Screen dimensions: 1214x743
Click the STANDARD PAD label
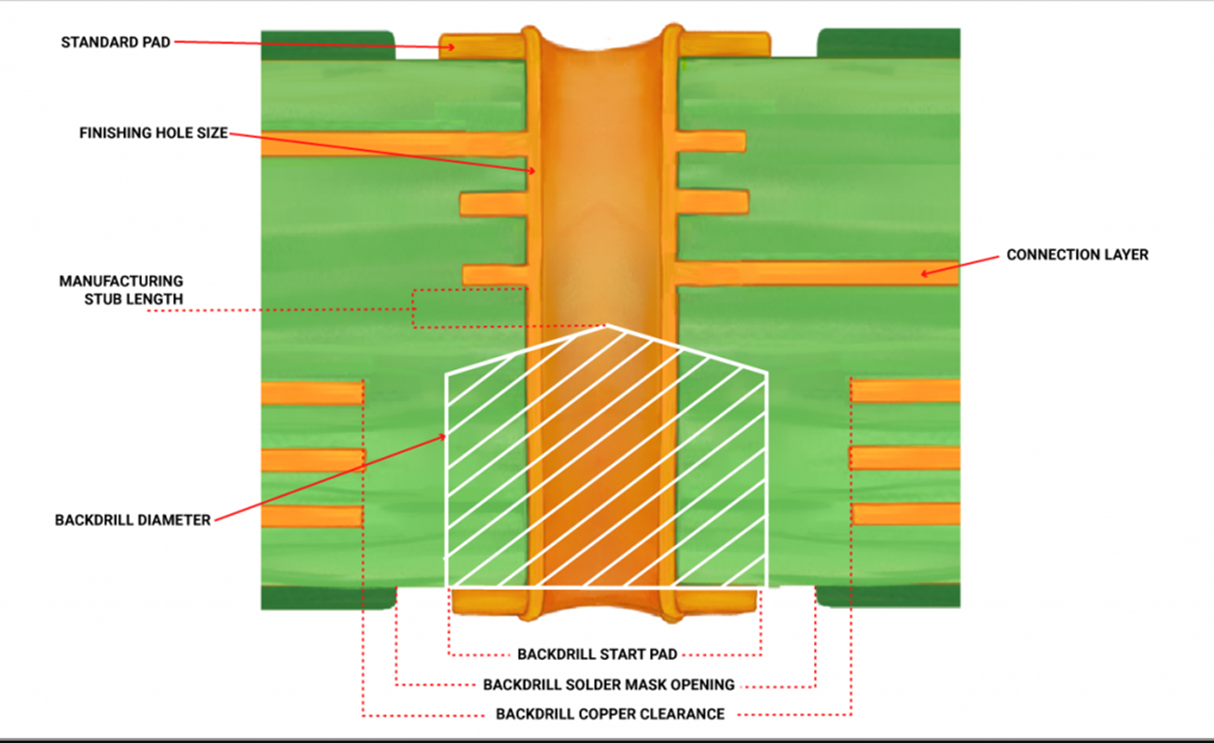pyautogui.click(x=116, y=42)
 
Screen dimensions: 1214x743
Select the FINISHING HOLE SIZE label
pyautogui.click(x=153, y=132)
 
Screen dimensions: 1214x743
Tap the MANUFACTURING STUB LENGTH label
pyautogui.click(x=121, y=290)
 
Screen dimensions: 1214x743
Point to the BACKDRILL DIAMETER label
pyautogui.click(x=132, y=520)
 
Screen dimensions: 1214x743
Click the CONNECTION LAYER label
pyautogui.click(x=1078, y=255)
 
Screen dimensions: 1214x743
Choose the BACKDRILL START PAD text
pyautogui.click(x=598, y=654)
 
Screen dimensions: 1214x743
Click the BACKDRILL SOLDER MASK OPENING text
pyautogui.click(x=609, y=684)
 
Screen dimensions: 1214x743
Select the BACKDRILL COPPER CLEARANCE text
pyautogui.click(x=610, y=714)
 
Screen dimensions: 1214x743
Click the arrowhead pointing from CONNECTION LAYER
pyautogui.click(x=926, y=273)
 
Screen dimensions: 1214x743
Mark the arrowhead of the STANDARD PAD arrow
pyautogui.click(x=449, y=48)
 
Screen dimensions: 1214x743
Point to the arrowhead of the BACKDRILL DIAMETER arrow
pyautogui.click(x=441, y=437)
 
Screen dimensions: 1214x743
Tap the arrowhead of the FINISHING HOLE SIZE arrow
pyautogui.click(x=531, y=171)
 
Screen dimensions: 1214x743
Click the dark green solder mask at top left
pyautogui.click(x=327, y=46)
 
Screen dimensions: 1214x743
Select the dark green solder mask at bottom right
pyautogui.click(x=888, y=596)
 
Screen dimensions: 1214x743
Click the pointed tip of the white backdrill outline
pyautogui.click(x=606, y=325)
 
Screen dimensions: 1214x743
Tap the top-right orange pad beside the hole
pyautogui.click(x=724, y=45)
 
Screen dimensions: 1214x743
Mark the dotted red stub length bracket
pyautogui.click(x=413, y=309)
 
